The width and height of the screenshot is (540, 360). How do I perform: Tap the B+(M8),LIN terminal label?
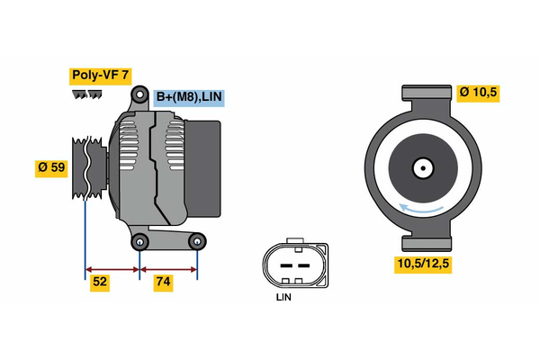coord(188,97)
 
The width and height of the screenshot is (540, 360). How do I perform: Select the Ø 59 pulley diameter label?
coord(52,168)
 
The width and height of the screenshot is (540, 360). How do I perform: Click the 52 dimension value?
coord(101,282)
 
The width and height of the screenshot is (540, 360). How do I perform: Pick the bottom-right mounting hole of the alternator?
coord(197,240)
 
